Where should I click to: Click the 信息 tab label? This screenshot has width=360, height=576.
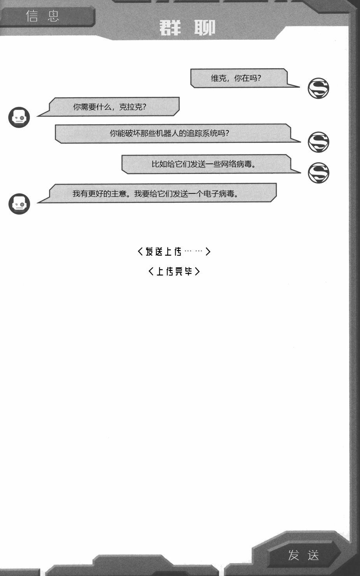(x=42, y=16)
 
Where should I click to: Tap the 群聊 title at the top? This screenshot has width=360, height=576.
(x=187, y=28)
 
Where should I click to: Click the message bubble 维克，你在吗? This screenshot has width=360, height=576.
(x=238, y=78)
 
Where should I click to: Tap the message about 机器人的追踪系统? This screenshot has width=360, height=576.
(x=171, y=133)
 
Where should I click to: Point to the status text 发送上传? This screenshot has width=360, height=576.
(x=164, y=251)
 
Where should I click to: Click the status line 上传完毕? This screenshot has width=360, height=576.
(x=174, y=271)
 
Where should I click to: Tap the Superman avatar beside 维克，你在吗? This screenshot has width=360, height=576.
(x=318, y=88)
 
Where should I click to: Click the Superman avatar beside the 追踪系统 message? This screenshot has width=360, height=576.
(x=318, y=142)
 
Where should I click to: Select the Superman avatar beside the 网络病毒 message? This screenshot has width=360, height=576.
(x=318, y=173)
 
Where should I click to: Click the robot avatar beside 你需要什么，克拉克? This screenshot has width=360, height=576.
(x=19, y=117)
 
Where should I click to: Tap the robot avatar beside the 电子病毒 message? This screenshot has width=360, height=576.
(x=19, y=204)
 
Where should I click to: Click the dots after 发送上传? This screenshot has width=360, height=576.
(x=193, y=251)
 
